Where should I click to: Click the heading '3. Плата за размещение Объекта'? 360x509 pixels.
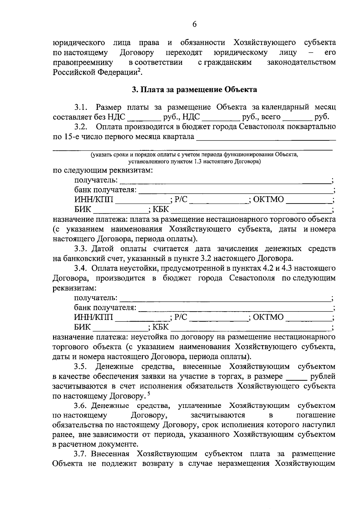coord(194,89)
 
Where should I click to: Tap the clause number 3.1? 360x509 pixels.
coord(81,107)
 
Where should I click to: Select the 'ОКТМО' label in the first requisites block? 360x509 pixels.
coord(268,199)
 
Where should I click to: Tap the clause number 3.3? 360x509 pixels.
coord(81,249)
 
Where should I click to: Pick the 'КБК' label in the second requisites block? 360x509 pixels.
coord(161,327)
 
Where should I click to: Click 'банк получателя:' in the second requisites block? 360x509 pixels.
coord(105,308)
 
